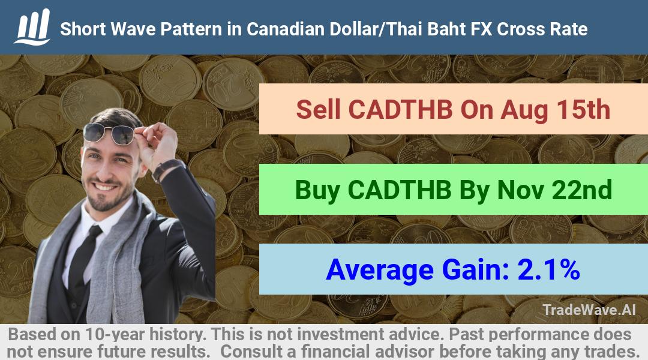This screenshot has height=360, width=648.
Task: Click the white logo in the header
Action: click(x=32, y=27)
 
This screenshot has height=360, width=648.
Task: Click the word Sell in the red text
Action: click(x=318, y=110)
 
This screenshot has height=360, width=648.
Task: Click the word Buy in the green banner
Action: click(x=317, y=190)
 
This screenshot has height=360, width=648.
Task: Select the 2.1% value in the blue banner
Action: click(x=548, y=269)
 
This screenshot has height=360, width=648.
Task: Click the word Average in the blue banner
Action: click(x=379, y=271)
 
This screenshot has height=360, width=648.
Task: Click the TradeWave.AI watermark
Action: click(x=589, y=310)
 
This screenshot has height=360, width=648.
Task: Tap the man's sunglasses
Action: click(x=109, y=133)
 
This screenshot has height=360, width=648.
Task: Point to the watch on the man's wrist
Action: click(x=167, y=169)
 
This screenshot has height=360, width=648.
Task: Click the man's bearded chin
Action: click(x=104, y=202)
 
